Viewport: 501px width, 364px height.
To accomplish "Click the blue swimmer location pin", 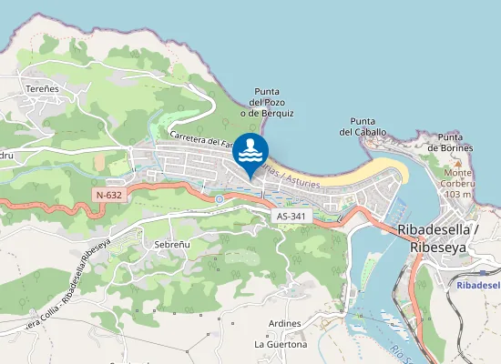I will pyautogui.click(x=251, y=152).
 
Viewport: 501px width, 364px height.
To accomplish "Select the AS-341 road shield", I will pyautogui.click(x=291, y=216).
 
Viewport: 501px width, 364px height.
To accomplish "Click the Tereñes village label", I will pyautogui.click(x=42, y=88).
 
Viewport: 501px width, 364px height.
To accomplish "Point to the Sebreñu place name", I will pyautogui.click(x=172, y=246).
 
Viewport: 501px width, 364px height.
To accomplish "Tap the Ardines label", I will pyautogui.click(x=286, y=324).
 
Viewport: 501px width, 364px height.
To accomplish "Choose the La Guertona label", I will pyautogui.click(x=280, y=345).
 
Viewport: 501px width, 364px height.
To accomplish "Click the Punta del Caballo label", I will pyautogui.click(x=363, y=126).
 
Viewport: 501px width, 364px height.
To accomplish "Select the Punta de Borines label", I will pyautogui.click(x=455, y=142).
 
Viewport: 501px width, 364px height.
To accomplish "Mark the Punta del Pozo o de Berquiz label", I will pyautogui.click(x=267, y=102).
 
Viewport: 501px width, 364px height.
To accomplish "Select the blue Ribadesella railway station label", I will pyautogui.click(x=477, y=285).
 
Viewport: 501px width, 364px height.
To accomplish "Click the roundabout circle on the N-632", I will pyautogui.click(x=219, y=198).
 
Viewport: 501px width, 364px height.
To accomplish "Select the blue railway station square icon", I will pyautogui.click(x=482, y=270).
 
